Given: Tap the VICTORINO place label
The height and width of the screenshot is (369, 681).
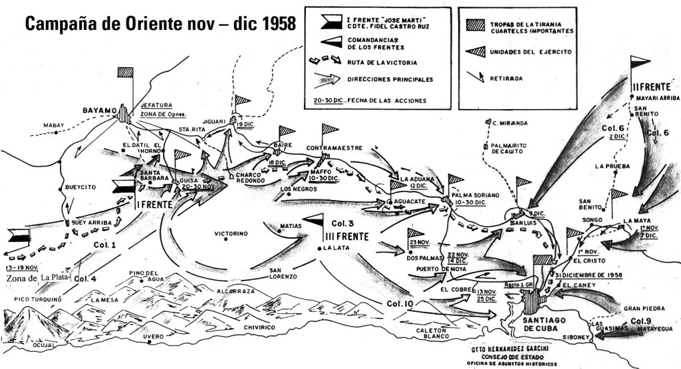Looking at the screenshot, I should [x=231, y=234].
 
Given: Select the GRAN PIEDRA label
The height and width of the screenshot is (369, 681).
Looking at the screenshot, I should [x=641, y=309].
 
